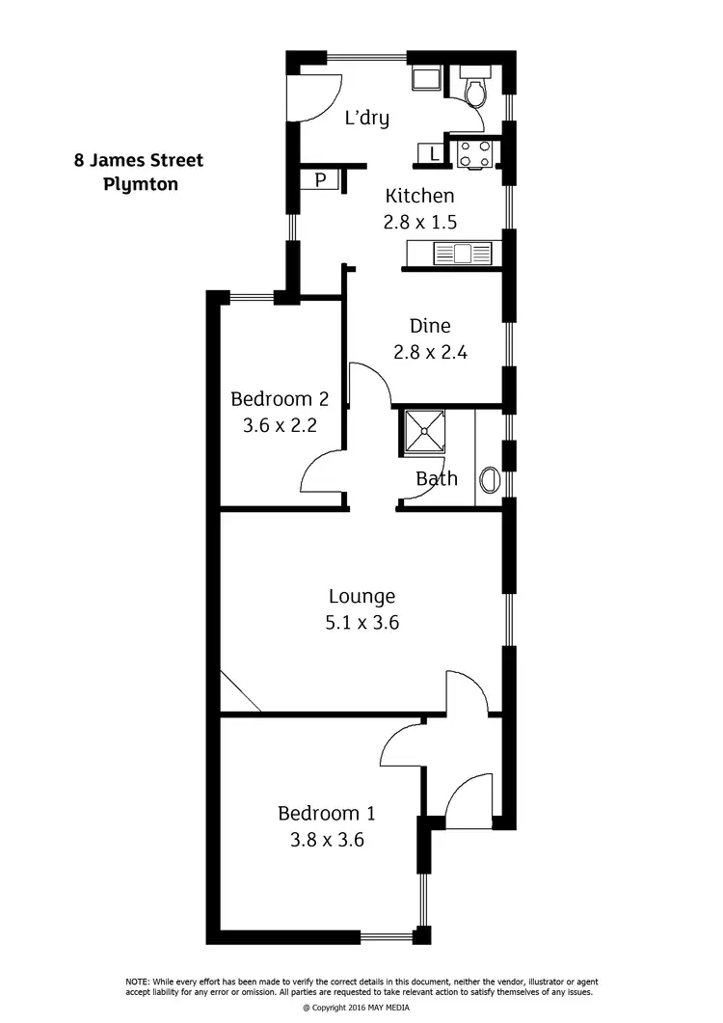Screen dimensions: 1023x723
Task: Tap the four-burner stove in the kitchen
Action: [474, 152]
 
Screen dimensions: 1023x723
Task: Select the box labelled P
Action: [319, 179]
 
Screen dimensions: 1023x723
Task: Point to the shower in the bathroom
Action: [422, 432]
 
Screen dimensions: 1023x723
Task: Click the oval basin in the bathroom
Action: [489, 479]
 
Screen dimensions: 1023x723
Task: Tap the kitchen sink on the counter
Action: [460, 255]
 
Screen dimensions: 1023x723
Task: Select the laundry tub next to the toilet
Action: [424, 79]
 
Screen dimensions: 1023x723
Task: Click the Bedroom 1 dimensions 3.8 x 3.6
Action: [327, 840]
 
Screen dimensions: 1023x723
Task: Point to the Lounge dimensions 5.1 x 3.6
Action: [362, 622]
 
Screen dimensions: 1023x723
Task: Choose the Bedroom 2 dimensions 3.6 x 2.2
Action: [273, 424]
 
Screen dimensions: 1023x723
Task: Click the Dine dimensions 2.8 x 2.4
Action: [430, 352]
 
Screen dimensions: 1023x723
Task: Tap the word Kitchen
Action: [420, 196]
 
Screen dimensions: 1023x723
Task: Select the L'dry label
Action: [367, 119]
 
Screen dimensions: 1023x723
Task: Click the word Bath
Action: [437, 478]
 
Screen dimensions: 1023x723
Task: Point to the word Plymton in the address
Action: [141, 183]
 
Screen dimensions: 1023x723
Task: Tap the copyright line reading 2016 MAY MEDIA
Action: [362, 1008]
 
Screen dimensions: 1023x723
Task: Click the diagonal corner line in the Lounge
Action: [240, 692]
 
